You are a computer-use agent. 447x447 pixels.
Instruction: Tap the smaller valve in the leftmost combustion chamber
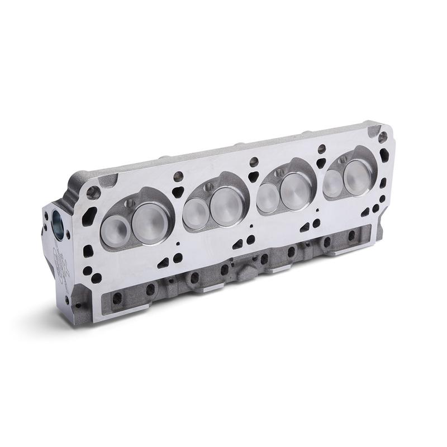pyautogui.click(x=116, y=230)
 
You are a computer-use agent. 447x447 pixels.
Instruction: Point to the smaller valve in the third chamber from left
pyautogui.click(x=267, y=197)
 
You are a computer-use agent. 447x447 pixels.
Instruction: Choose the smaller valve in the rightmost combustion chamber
pyautogui.click(x=333, y=182)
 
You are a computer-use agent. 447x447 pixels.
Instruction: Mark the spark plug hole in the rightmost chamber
pyautogui.click(x=343, y=159)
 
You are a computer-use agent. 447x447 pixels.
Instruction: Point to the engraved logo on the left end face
pyautogui.click(x=60, y=258)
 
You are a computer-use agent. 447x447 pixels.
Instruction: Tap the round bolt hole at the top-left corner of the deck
pyautogui.click(x=93, y=193)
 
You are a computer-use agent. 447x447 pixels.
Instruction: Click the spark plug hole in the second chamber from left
pyautogui.click(x=209, y=187)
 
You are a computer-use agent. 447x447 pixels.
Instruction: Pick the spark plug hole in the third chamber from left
pyautogui.click(x=279, y=173)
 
